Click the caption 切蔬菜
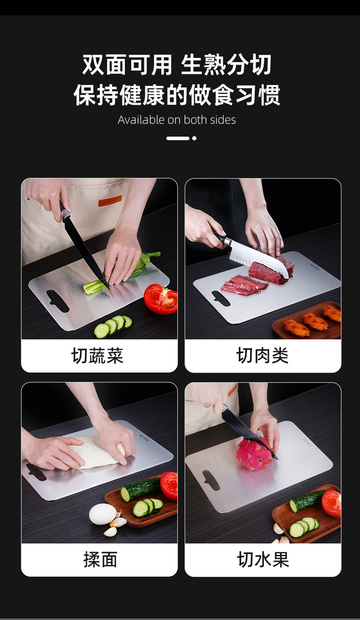click(98, 356)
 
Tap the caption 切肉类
click(262, 356)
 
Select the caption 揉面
click(100, 559)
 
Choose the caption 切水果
click(263, 559)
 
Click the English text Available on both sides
click(177, 120)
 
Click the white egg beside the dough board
click(102, 514)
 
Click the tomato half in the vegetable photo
click(160, 299)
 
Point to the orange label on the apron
click(110, 201)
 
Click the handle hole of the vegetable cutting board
click(57, 301)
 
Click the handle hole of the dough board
click(36, 472)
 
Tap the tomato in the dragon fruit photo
click(332, 503)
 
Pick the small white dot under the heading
click(194, 138)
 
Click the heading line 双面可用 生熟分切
click(177, 65)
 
